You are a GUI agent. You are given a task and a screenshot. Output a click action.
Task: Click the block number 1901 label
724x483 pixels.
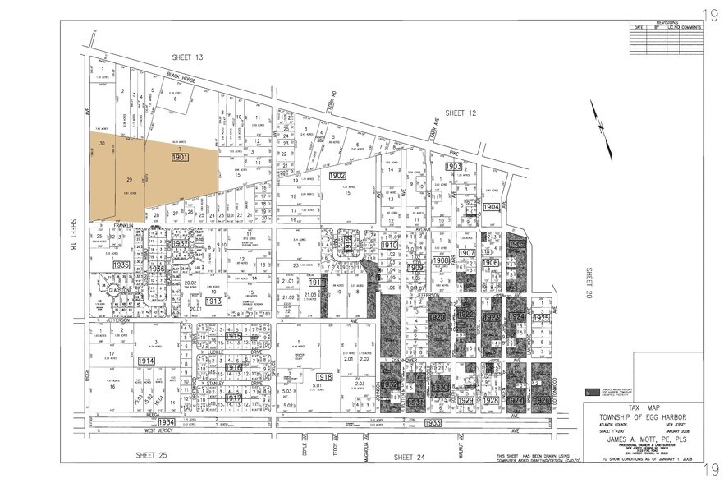click(181, 156)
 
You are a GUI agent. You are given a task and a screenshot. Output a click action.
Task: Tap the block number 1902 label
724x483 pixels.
click(337, 177)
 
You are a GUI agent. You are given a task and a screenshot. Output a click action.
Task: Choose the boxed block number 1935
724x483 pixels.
click(121, 266)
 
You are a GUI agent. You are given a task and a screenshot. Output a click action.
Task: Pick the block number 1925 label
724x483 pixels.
click(540, 317)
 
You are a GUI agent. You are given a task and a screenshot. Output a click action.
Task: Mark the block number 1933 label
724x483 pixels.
click(434, 422)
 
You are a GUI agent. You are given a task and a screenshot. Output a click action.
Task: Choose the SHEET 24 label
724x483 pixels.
click(407, 456)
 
